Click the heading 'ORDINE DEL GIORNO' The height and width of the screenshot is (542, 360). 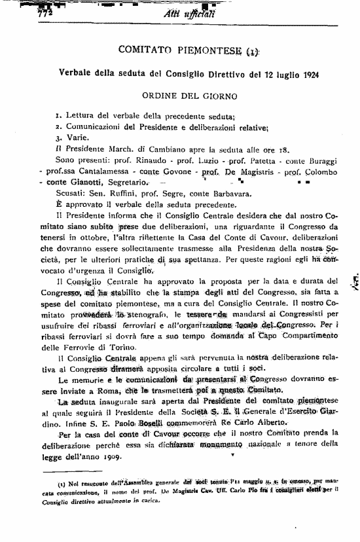tap(180, 96)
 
